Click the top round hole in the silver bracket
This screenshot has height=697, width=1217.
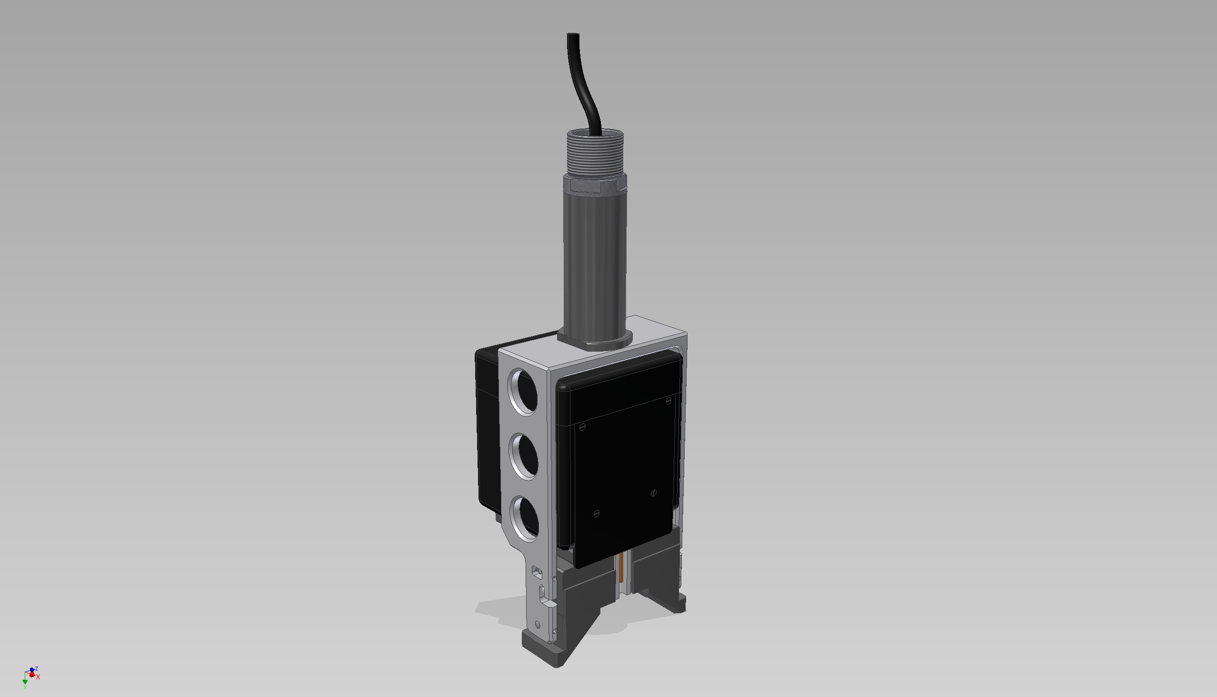click(x=524, y=392)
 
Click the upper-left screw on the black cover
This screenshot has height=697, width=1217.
click(x=582, y=427)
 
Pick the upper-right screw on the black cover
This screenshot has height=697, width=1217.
click(x=669, y=401)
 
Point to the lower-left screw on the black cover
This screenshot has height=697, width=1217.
click(x=596, y=514)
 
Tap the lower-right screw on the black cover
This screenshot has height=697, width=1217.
click(x=654, y=492)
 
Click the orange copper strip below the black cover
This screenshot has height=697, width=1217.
click(x=621, y=568)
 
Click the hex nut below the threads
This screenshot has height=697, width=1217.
click(x=596, y=184)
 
